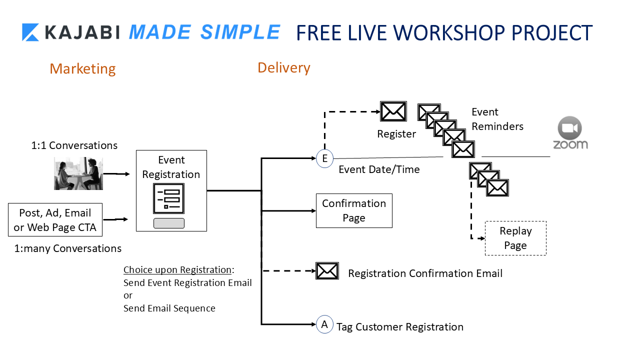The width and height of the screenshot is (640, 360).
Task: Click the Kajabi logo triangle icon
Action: pos(30,32)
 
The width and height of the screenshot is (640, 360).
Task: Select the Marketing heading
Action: pos(82,68)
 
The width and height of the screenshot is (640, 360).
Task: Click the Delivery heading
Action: pos(284,67)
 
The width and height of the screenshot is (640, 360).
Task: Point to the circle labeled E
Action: pos(324,159)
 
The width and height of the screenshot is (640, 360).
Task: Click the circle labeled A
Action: pos(324,325)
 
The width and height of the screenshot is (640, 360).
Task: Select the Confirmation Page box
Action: pos(354,210)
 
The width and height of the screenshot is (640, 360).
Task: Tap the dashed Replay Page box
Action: pos(515,238)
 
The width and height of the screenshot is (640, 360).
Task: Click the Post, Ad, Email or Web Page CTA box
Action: pos(55,220)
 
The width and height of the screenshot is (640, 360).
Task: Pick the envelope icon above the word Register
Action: pos(393,111)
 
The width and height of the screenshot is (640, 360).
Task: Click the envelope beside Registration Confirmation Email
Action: pos(327,271)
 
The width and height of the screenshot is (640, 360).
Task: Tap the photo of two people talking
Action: pos(78,173)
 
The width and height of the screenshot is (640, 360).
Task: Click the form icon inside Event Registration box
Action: pos(168,198)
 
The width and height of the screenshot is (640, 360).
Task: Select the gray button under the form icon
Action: pos(169,223)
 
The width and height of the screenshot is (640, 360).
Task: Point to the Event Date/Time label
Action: pos(379,169)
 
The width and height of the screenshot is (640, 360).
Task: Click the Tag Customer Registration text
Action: pos(400,327)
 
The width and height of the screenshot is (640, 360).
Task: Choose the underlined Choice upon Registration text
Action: pos(177,270)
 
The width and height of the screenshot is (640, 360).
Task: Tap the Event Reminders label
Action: pos(497,119)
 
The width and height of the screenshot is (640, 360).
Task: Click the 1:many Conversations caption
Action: pos(67,248)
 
